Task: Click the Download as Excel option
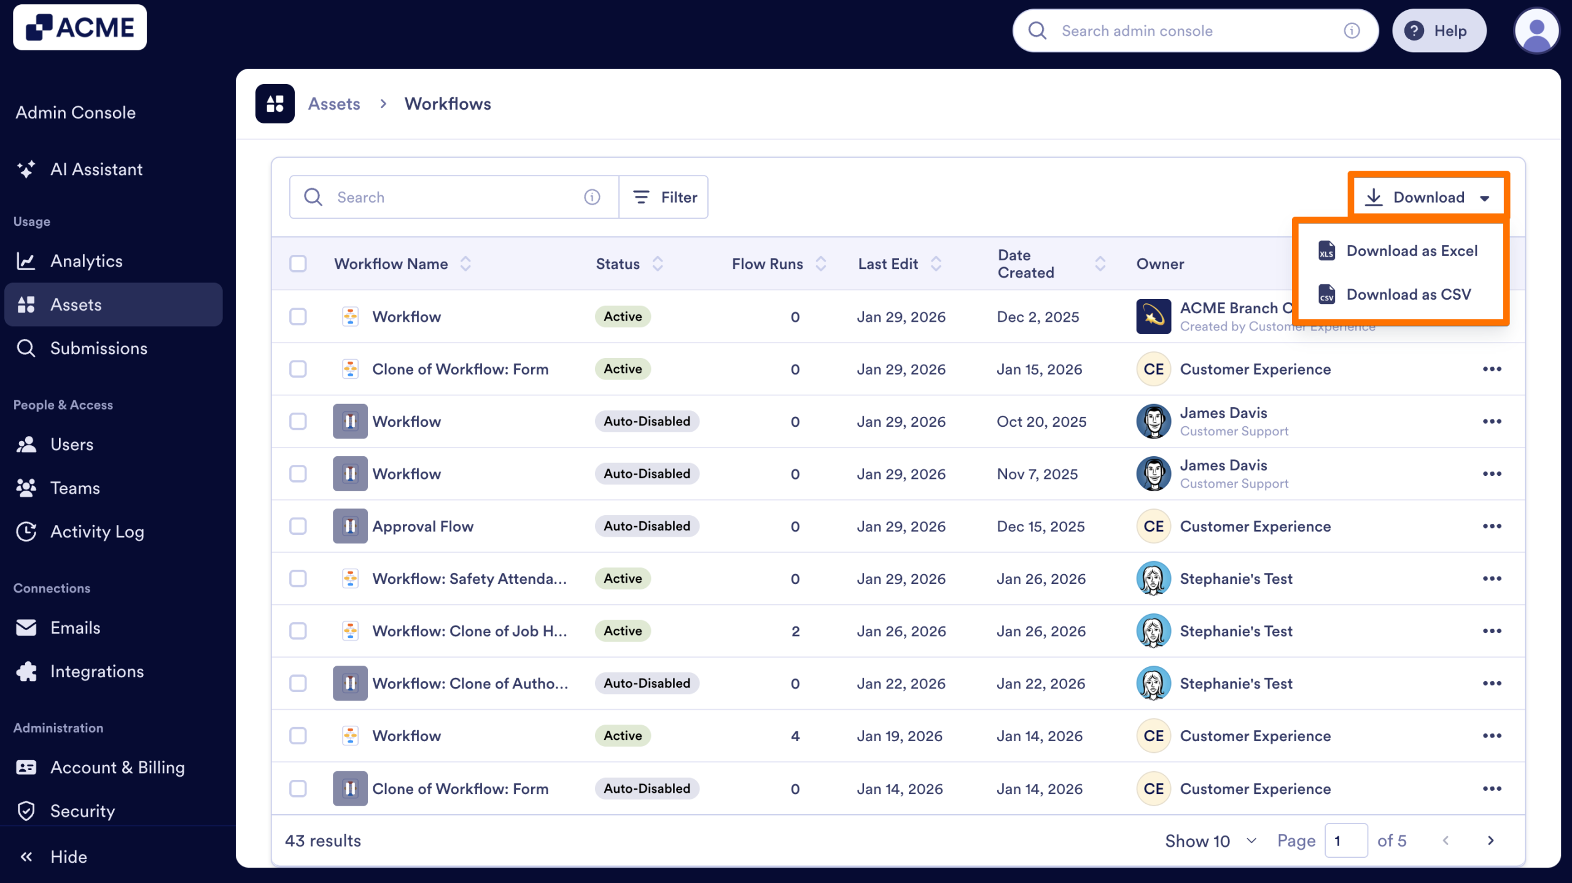pyautogui.click(x=1411, y=251)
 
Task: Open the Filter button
pyautogui.click(x=664, y=197)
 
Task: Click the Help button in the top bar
pyautogui.click(x=1438, y=31)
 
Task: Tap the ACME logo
pyautogui.click(x=80, y=28)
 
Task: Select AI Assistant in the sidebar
pyautogui.click(x=96, y=169)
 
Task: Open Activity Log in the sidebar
pyautogui.click(x=96, y=532)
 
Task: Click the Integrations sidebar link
pyautogui.click(x=96, y=672)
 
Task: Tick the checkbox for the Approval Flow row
pyautogui.click(x=298, y=526)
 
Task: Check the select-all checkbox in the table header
pyautogui.click(x=298, y=263)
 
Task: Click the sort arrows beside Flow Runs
pyautogui.click(x=821, y=263)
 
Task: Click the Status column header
pyautogui.click(x=618, y=263)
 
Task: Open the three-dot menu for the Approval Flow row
pyautogui.click(x=1492, y=526)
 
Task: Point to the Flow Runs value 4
pyautogui.click(x=795, y=736)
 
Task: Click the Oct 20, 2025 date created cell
pyautogui.click(x=1041, y=422)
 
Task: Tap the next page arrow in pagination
pyautogui.click(x=1491, y=841)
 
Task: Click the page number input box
pyautogui.click(x=1345, y=841)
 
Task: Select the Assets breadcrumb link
pyautogui.click(x=334, y=104)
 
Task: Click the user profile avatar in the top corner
pyautogui.click(x=1536, y=31)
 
